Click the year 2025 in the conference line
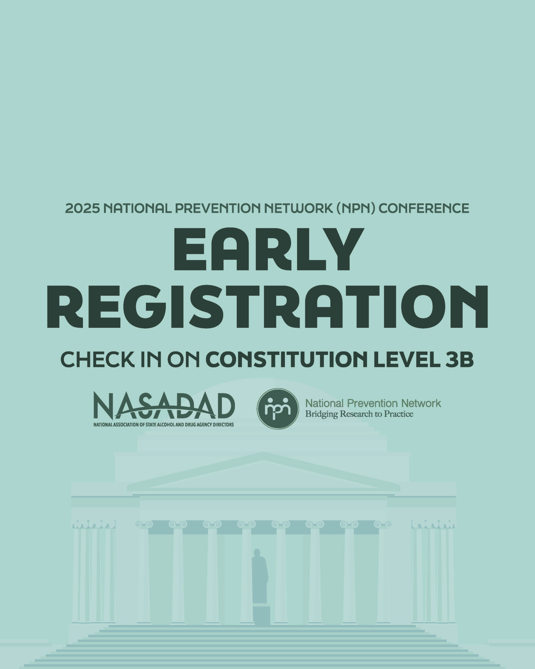coord(82,208)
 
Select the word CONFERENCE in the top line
coord(424,208)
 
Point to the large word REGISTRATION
coord(267,307)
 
